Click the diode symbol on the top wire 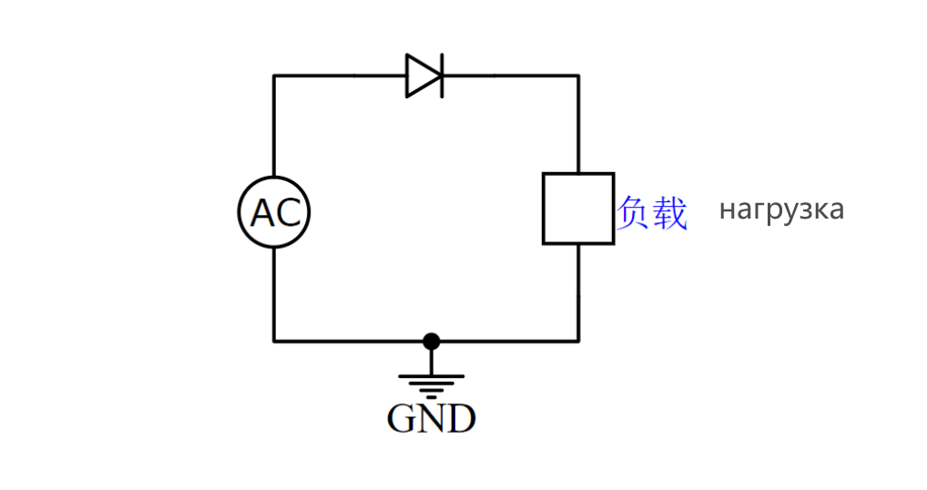[x=424, y=76]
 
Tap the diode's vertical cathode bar [x=442, y=76]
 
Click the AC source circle [x=274, y=212]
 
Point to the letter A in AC [x=262, y=213]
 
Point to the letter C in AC [x=288, y=213]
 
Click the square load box [x=578, y=209]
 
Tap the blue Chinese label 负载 [x=652, y=212]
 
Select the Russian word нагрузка [x=781, y=209]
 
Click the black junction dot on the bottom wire [x=432, y=342]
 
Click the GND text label [x=432, y=419]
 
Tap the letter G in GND [x=402, y=419]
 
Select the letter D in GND [x=461, y=419]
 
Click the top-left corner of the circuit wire [x=274, y=76]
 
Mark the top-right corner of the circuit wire [x=578, y=76]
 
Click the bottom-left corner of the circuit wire [x=274, y=342]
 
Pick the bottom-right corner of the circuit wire [x=578, y=342]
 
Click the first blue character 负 [x=634, y=212]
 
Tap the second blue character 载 [x=670, y=212]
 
